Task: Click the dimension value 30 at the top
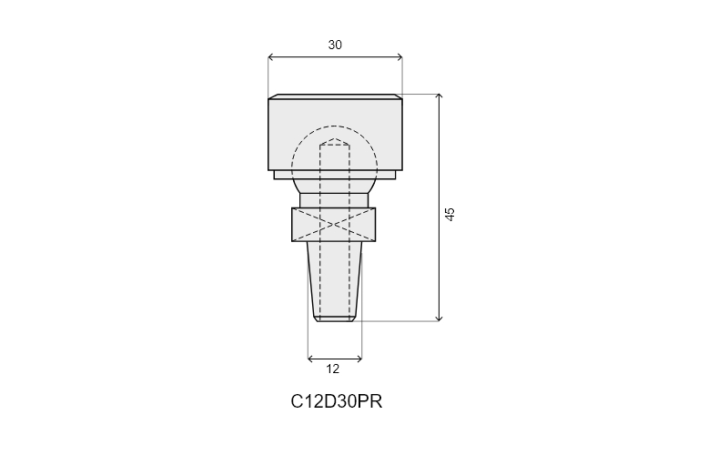tap(335, 45)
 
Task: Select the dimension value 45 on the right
tap(450, 214)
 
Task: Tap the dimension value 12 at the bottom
tap(332, 369)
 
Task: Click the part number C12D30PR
tap(336, 401)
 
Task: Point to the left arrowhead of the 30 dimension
tap(270, 57)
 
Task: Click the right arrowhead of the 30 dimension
tap(399, 57)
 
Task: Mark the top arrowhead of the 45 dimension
tap(439, 96)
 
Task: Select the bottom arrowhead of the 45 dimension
tap(439, 318)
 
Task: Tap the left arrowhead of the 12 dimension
tap(310, 359)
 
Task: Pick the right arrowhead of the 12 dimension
tap(359, 359)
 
